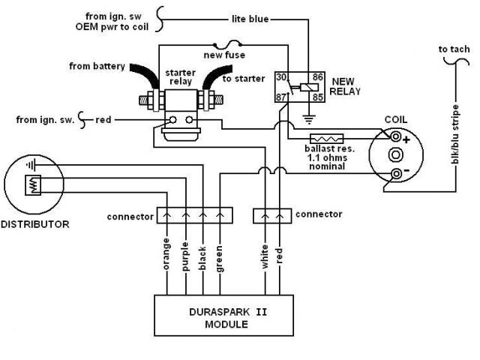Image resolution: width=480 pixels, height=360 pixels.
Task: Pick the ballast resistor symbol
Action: pyautogui.click(x=327, y=139)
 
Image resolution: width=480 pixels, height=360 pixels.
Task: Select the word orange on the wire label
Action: pyautogui.click(x=166, y=254)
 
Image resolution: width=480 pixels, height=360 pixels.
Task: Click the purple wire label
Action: pyautogui.click(x=184, y=254)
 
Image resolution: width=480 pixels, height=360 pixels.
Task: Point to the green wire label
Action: pyautogui.click(x=220, y=256)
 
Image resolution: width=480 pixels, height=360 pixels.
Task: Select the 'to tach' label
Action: pyautogui.click(x=454, y=50)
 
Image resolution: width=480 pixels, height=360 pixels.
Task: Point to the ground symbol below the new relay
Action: pyautogui.click(x=308, y=118)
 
